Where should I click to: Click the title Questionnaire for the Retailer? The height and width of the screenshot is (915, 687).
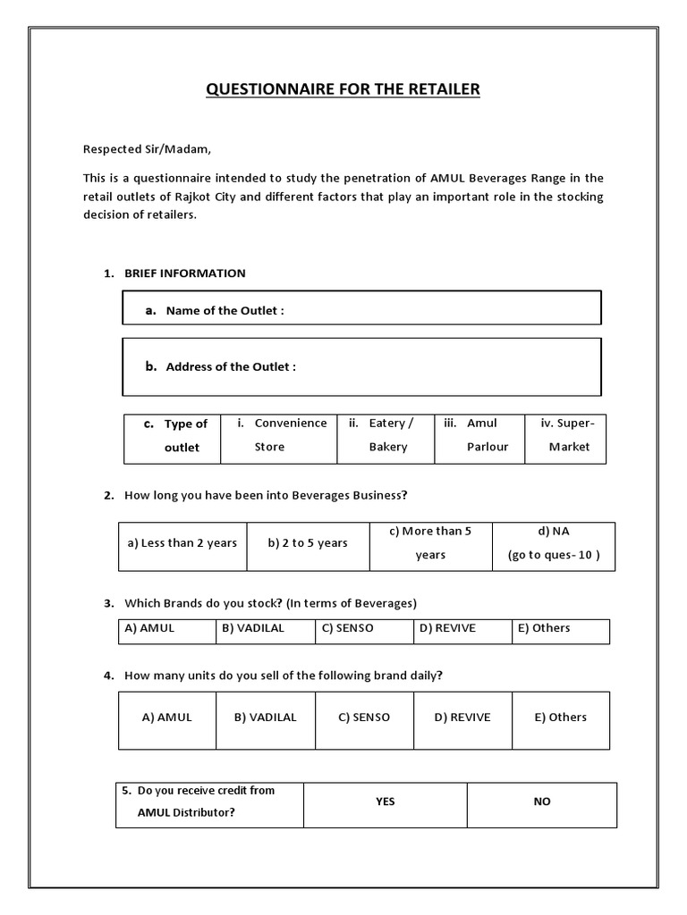coord(343,89)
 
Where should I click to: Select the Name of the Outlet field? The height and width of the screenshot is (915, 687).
coord(361,309)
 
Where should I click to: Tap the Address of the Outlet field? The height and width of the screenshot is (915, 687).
coord(361,366)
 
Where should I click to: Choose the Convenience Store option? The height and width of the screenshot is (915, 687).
coord(278,435)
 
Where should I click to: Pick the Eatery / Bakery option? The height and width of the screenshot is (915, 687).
coord(386,435)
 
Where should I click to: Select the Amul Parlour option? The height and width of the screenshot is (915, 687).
coord(479,435)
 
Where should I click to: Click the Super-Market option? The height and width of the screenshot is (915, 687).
coord(565,435)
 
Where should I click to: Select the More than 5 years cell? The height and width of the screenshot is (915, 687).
coord(430,543)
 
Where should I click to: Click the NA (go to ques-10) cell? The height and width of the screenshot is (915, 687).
coord(554,543)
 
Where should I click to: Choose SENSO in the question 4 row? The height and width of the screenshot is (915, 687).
coord(364,718)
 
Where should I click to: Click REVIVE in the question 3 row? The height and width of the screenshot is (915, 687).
coord(462,628)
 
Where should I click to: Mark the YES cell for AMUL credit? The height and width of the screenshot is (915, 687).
coord(385,802)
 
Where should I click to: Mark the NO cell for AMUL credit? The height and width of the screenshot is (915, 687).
coord(542,802)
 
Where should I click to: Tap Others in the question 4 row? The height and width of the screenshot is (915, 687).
coord(561,718)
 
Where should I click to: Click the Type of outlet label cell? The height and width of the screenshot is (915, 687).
coord(172,435)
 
